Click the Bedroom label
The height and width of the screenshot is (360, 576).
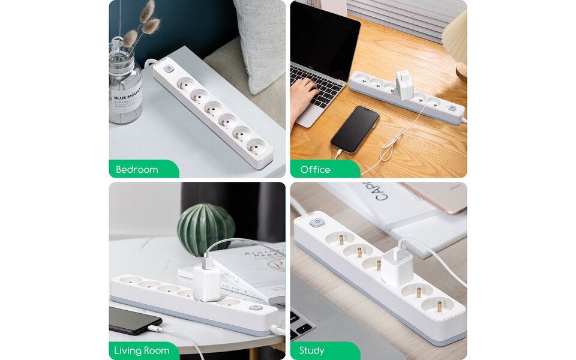coord(137,170)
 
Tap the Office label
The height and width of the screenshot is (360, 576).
coord(316,170)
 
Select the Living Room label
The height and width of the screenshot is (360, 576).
coord(143,350)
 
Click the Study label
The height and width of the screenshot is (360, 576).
coord(311,350)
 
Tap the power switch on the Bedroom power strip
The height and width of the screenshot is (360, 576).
coord(169,70)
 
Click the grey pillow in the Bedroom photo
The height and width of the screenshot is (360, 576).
coord(259,42)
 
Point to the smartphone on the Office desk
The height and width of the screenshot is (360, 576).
coord(355,129)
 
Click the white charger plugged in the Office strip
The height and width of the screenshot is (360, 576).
coord(404,85)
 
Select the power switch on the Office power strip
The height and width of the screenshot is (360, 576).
coord(452,109)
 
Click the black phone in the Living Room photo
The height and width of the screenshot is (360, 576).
coord(134,320)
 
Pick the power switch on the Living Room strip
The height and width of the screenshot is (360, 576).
coord(256,307)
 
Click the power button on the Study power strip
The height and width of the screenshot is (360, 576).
coord(316,224)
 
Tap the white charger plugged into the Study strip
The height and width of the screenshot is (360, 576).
coord(397,264)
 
